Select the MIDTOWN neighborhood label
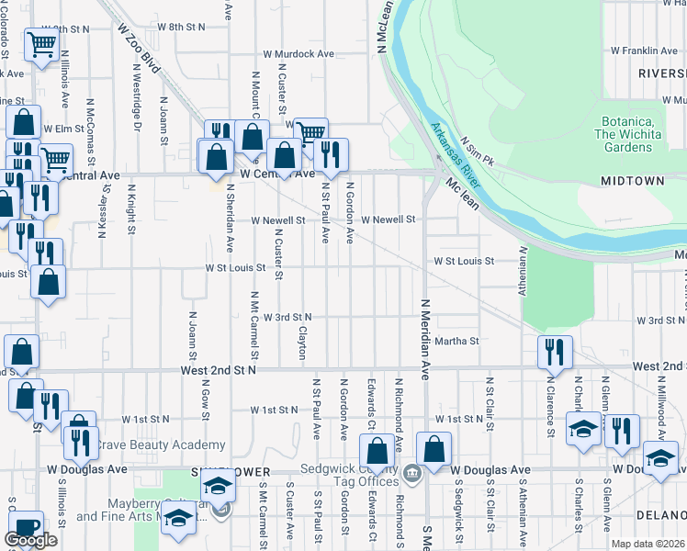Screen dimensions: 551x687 (x=632, y=182)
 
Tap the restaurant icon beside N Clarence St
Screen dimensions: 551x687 (x=555, y=351)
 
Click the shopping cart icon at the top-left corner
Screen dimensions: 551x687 (x=41, y=43)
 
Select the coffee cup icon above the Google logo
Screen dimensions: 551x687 (x=25, y=527)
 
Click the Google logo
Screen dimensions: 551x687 (x=30, y=540)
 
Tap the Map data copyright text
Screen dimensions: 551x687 (x=647, y=544)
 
